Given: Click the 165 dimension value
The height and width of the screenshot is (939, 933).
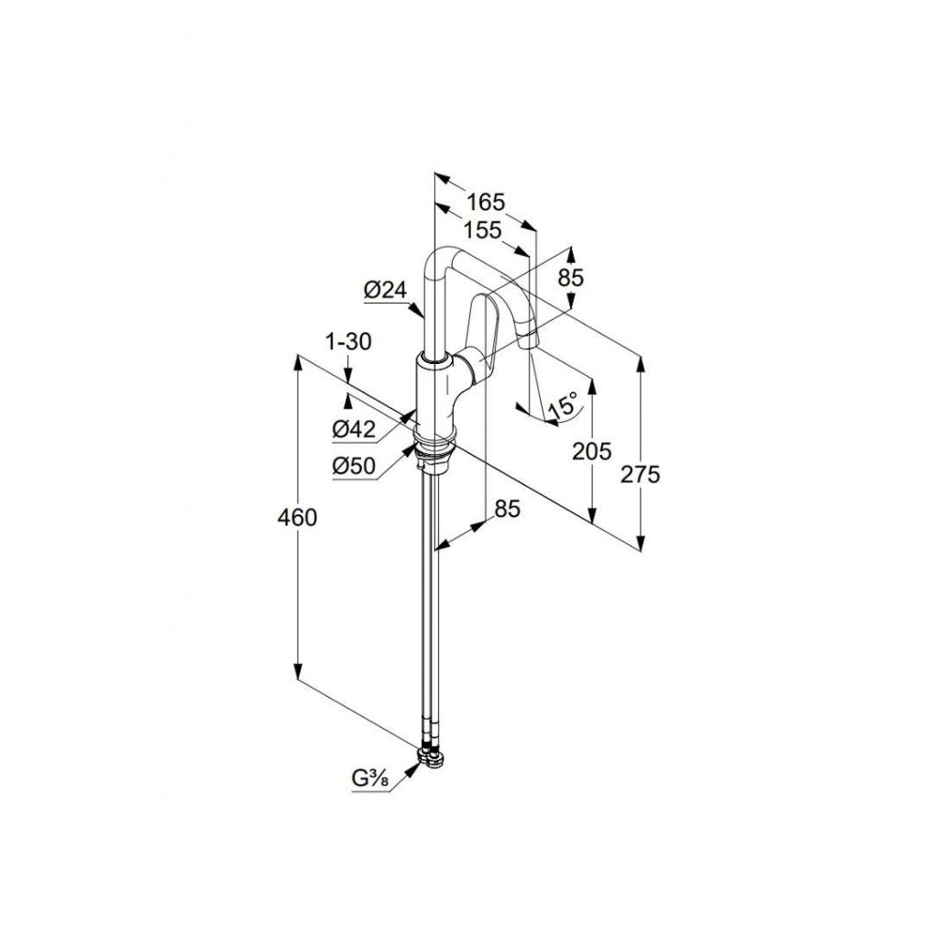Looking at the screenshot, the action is coord(486,203).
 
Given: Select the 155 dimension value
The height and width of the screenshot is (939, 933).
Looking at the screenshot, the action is coord(482,229).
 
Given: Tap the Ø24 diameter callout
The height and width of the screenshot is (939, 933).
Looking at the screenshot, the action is coord(385,291).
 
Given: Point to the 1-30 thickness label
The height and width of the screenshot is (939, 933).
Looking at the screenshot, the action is coord(348,342).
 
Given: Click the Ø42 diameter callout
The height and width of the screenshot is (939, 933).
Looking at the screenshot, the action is coord(354,429).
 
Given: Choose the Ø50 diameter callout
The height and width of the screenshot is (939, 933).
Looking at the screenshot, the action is coord(354,467).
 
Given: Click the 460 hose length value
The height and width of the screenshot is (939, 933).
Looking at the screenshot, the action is coord(297,517).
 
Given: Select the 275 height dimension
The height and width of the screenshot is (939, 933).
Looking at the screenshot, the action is coord(640,474).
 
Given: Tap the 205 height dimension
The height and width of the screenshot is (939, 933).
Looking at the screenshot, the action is coord(592,451).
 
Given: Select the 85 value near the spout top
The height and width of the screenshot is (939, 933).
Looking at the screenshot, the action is coord(570,277).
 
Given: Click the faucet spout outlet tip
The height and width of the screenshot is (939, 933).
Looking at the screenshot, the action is coord(529,343).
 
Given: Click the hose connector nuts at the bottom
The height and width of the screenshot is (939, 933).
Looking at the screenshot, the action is coord(432,756).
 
